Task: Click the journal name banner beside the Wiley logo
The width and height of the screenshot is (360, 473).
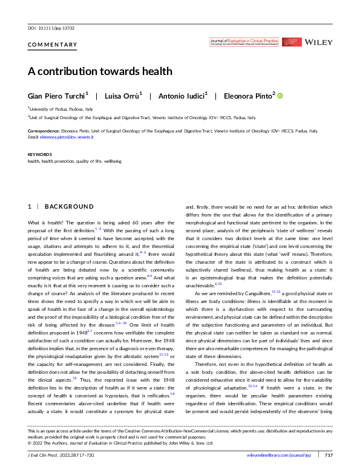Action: pos(244,42)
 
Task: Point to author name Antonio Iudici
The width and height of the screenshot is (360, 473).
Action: pos(181,96)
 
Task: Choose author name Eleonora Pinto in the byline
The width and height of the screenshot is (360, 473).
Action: pos(247,96)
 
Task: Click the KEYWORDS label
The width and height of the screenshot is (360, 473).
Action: pos(39,155)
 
